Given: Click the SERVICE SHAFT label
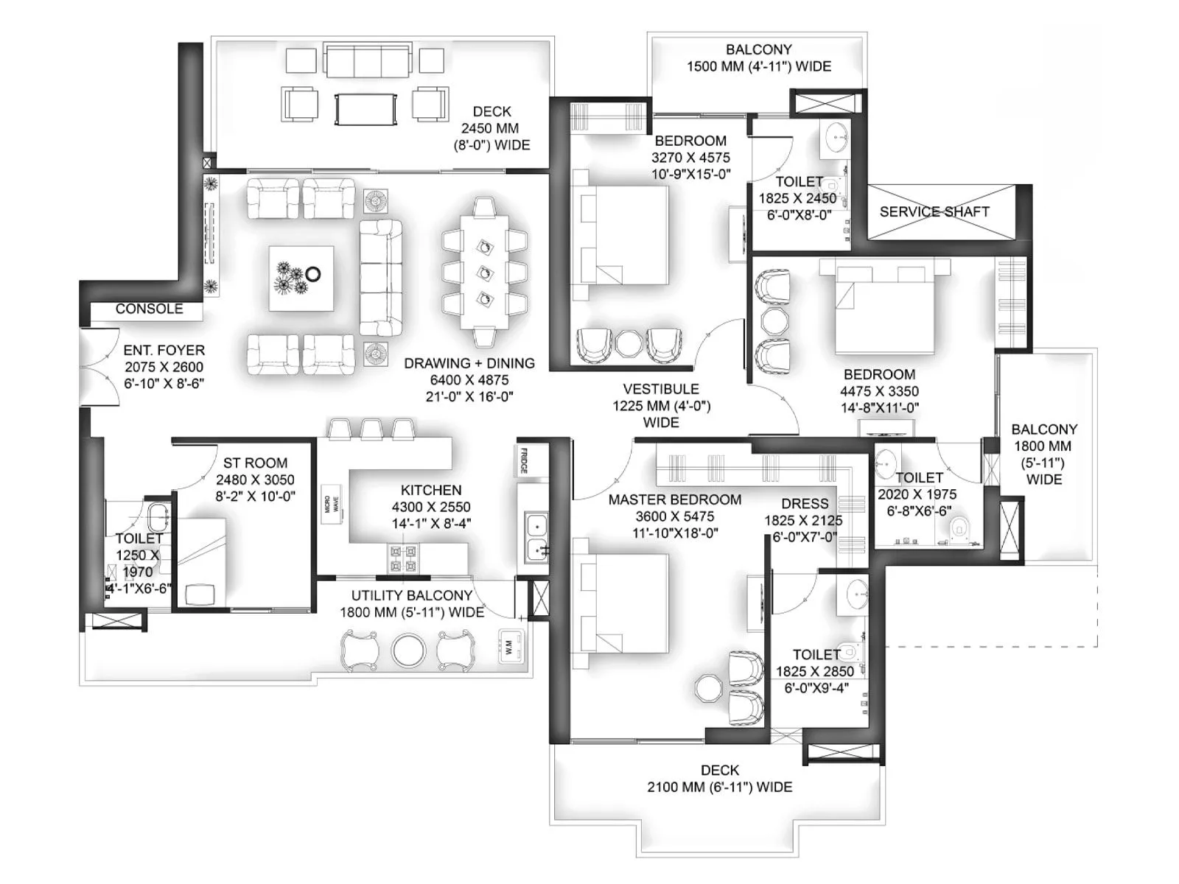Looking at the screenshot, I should [934, 211].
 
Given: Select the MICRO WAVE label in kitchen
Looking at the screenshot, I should [332, 505].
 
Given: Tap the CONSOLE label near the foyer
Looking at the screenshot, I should [149, 309].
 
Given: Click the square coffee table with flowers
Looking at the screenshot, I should [301, 278].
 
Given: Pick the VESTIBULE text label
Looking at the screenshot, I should [660, 389].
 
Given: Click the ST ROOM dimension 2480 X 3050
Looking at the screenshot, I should [255, 480].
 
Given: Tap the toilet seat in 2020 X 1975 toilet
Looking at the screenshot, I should [959, 526].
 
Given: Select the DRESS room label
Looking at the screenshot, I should [805, 504].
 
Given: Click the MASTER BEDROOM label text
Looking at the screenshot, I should [674, 499].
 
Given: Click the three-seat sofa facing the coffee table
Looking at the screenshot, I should [380, 277].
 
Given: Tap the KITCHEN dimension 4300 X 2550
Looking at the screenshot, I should [431, 507].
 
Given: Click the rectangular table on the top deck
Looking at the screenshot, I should [366, 109].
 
